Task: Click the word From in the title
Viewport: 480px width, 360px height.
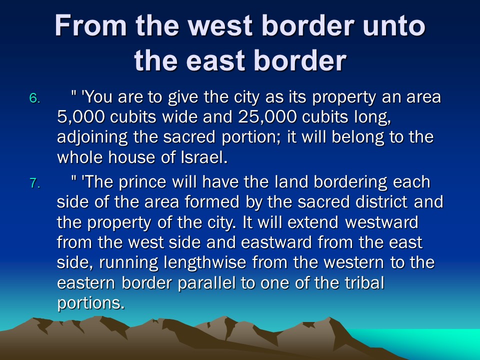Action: coord(90,25)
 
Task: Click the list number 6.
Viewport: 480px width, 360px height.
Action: coord(34,98)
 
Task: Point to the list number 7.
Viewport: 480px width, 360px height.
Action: coord(34,183)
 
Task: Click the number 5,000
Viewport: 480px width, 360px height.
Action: coord(81,117)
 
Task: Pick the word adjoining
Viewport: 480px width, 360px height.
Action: coord(92,137)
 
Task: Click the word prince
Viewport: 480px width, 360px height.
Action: coord(142,182)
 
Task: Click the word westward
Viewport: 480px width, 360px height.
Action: coord(381,222)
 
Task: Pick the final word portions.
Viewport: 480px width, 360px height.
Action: coord(91,303)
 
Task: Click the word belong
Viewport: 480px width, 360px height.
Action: coord(357,137)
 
